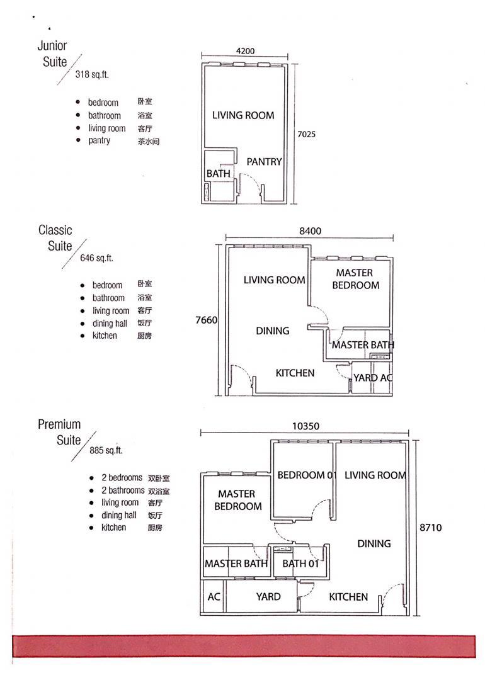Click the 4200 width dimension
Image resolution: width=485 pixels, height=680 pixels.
(x=245, y=51)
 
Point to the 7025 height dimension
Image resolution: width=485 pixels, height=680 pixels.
(x=306, y=134)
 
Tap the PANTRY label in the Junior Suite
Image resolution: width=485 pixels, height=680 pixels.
(x=264, y=162)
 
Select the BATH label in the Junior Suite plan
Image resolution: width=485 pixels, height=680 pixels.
(x=218, y=174)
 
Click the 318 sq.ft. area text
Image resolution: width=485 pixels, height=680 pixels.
(x=92, y=74)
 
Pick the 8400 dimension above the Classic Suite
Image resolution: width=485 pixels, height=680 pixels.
(x=310, y=231)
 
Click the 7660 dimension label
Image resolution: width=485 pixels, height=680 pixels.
(x=207, y=320)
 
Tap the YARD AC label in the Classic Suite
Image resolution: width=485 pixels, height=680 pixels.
(x=373, y=378)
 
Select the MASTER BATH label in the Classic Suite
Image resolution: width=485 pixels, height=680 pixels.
(x=363, y=345)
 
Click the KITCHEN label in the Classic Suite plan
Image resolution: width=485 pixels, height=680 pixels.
(x=295, y=373)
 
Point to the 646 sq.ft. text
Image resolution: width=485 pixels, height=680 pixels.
(x=96, y=258)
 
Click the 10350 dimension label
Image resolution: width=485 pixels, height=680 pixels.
(x=305, y=426)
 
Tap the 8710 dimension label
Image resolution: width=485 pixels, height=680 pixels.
(x=430, y=528)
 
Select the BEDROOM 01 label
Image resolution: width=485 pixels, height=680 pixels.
(x=307, y=475)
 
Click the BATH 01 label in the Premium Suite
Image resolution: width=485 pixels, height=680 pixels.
(x=300, y=564)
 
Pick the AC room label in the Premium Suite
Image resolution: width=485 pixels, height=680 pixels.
(x=214, y=597)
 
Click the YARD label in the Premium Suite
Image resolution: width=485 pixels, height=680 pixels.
(x=268, y=597)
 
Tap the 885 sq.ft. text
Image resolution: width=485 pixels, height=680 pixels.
(x=106, y=451)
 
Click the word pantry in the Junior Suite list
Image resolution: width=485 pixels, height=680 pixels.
(x=99, y=140)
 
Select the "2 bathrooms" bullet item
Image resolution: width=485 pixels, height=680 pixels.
(x=123, y=490)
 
